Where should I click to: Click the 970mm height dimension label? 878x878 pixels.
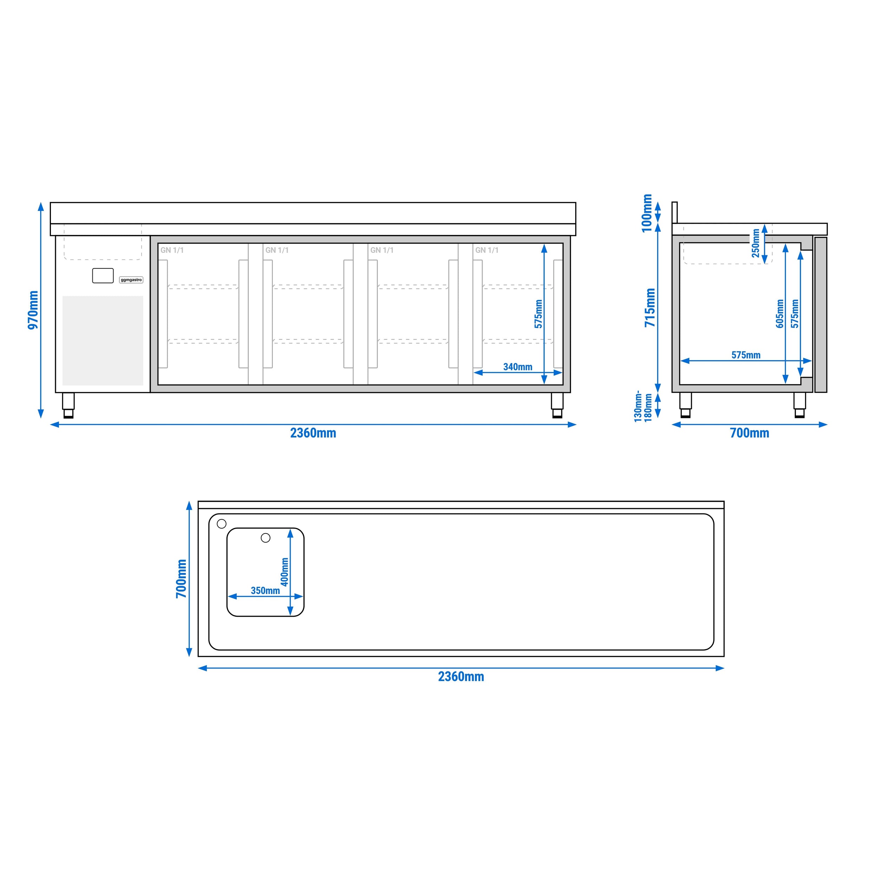[33, 310]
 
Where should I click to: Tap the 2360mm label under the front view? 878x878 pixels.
[313, 433]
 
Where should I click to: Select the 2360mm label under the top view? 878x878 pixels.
[461, 677]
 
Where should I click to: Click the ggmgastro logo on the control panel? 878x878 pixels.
[131, 280]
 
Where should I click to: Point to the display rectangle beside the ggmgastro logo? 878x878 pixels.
[103, 276]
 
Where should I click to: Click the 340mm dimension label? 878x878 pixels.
[518, 367]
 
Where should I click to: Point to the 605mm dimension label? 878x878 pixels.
[780, 314]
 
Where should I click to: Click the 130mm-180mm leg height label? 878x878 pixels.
[643, 406]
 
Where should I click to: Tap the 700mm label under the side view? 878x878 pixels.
[749, 433]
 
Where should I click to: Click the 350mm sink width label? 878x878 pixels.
[266, 590]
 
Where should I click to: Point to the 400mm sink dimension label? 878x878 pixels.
[284, 572]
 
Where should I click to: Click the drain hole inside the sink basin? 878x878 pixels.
[266, 538]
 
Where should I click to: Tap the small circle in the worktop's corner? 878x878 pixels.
[222, 524]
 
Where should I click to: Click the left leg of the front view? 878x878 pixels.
[68, 405]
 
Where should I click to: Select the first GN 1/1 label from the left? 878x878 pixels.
[172, 250]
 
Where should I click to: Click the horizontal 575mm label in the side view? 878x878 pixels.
[746, 355]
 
